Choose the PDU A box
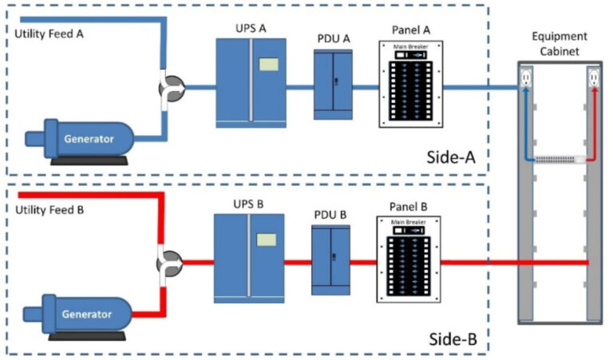click(x=334, y=81)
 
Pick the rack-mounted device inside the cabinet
click(x=559, y=160)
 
